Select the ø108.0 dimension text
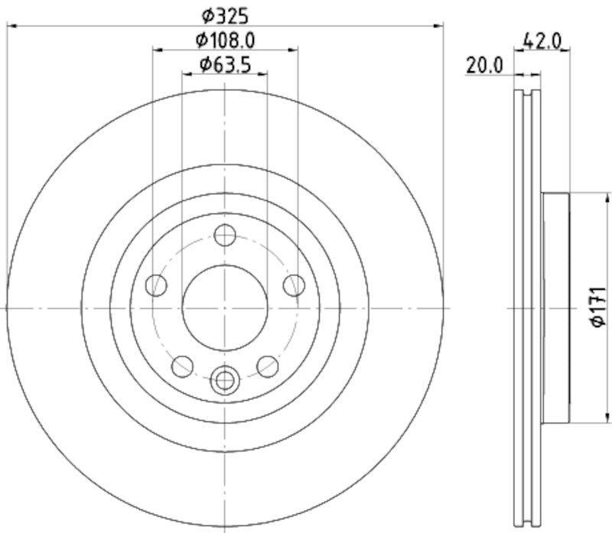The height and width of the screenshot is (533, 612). click(x=225, y=39)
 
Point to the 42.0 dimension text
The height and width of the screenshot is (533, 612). click(x=544, y=41)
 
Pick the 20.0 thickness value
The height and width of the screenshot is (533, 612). click(x=484, y=65)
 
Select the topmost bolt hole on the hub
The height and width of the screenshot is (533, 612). click(x=224, y=236)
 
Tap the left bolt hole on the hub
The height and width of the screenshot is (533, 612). click(x=157, y=285)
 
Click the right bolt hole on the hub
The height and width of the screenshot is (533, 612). click(x=293, y=285)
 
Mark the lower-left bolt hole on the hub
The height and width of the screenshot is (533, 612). click(x=182, y=366)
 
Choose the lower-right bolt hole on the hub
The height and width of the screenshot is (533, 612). click(x=267, y=366)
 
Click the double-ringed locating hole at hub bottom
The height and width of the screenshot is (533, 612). click(x=224, y=378)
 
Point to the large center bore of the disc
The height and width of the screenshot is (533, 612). click(x=224, y=307)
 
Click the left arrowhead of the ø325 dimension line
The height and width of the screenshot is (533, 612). click(x=11, y=26)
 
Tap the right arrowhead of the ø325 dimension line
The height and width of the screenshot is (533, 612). click(x=439, y=26)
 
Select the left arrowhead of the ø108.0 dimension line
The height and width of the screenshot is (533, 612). click(x=157, y=50)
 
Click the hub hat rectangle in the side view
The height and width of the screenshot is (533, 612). click(x=555, y=308)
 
